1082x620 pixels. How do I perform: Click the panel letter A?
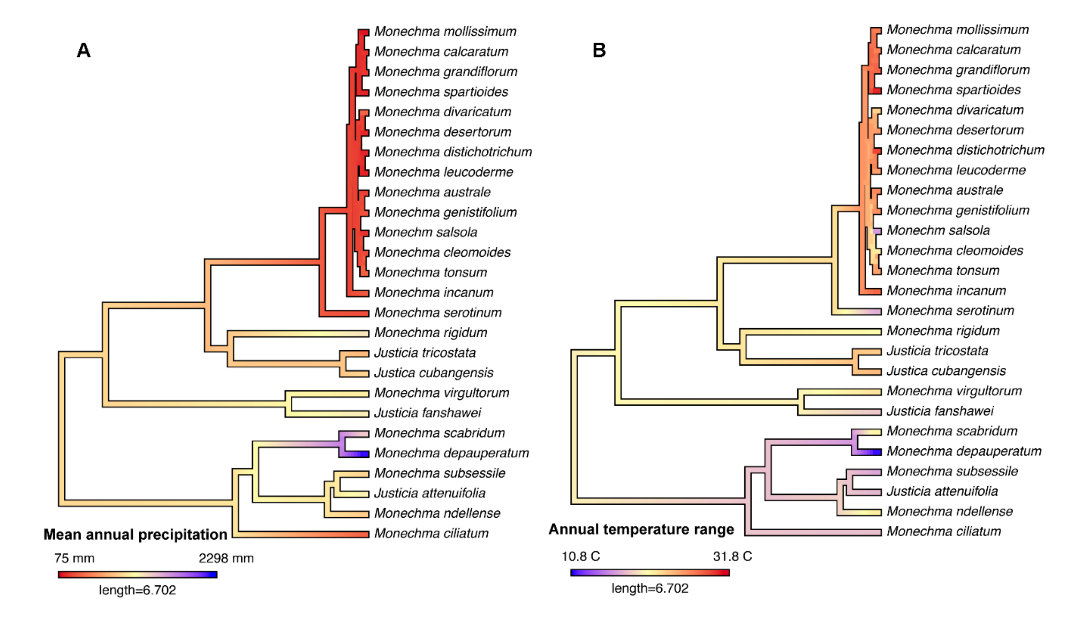click(84, 50)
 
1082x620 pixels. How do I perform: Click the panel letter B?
click(599, 50)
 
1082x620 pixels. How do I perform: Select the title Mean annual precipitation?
click(135, 535)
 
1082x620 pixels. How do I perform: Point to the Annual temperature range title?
click(641, 529)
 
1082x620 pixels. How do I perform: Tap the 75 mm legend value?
click(74, 558)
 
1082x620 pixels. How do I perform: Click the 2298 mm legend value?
click(226, 558)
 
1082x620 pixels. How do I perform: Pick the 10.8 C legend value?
click(581, 557)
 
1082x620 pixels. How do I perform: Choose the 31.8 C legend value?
click(732, 557)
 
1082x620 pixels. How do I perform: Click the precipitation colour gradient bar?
click(137, 575)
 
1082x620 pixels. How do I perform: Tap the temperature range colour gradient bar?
click(650, 573)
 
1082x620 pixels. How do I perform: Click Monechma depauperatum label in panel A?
click(451, 453)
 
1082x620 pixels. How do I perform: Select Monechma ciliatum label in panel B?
click(944, 531)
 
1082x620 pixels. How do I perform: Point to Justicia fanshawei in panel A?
click(427, 413)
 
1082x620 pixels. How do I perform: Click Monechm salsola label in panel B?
click(938, 230)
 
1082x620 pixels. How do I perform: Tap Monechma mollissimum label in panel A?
click(445, 32)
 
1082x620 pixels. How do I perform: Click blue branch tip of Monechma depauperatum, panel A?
click(362, 454)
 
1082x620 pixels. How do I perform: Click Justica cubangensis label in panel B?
click(946, 371)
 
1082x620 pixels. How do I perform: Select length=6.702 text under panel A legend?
click(137, 590)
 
